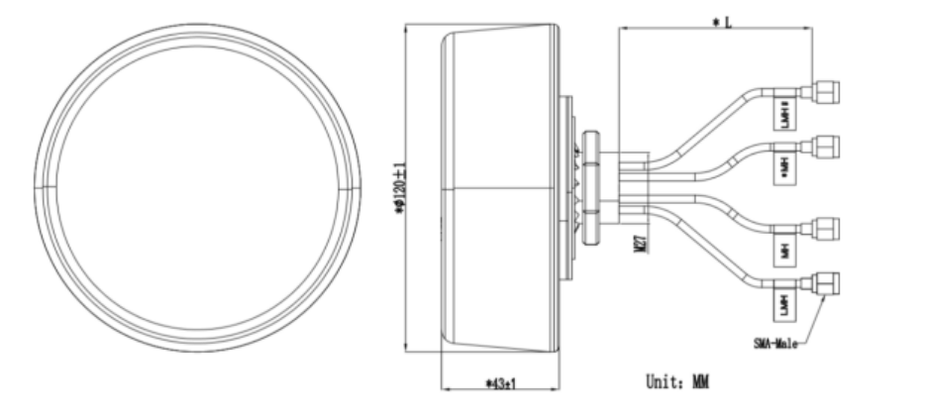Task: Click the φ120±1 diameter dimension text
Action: coord(400,188)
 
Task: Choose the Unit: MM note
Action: coord(676,380)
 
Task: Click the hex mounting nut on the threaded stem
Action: coord(590,187)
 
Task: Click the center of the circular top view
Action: coord(195,187)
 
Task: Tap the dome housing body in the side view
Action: coord(500,188)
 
